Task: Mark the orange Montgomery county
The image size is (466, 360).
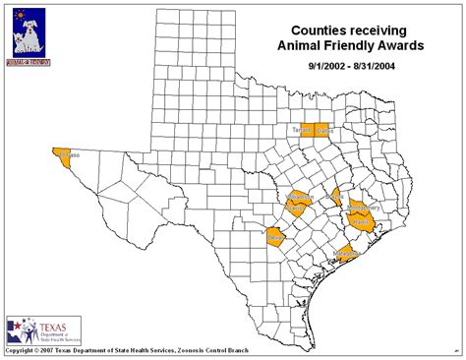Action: point(359,206)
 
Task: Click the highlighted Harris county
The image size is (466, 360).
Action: point(361,223)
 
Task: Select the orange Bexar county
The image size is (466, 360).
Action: point(276,237)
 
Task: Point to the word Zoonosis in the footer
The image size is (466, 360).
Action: point(186,351)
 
